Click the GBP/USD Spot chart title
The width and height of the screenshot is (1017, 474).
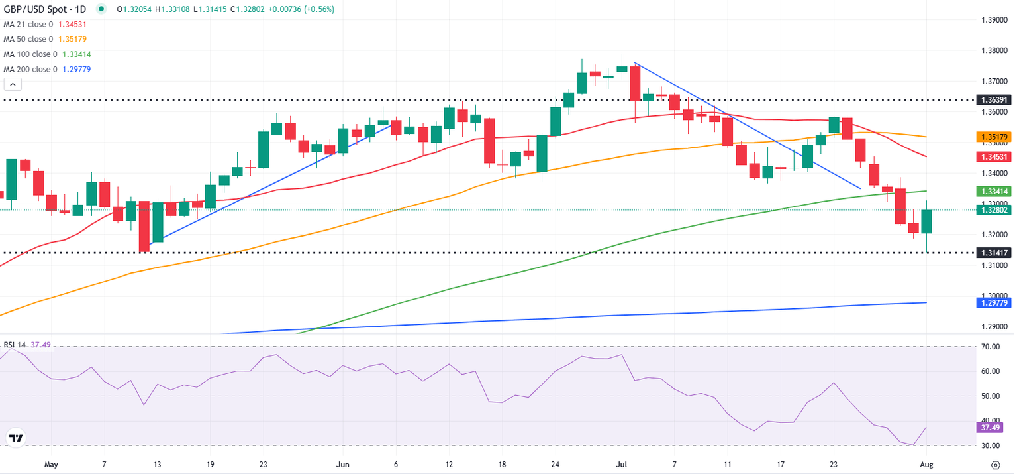click(45, 9)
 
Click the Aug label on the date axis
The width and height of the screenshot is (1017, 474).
click(926, 464)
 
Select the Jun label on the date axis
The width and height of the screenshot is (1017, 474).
click(342, 464)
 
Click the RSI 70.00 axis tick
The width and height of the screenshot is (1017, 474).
click(989, 346)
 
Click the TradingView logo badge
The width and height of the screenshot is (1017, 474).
click(16, 438)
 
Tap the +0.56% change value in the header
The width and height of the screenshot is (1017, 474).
click(319, 9)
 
